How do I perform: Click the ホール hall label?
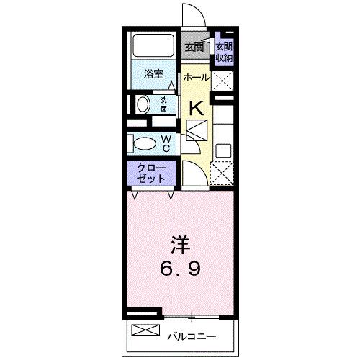point(195,77)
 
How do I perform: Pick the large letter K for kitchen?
point(195,109)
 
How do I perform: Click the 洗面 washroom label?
point(164,105)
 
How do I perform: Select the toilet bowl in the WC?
point(145,143)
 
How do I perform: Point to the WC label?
point(166,143)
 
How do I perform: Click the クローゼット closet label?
point(152,173)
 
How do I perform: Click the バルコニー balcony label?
point(191,336)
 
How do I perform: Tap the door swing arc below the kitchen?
point(193,174)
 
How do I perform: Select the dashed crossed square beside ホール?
point(222,79)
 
